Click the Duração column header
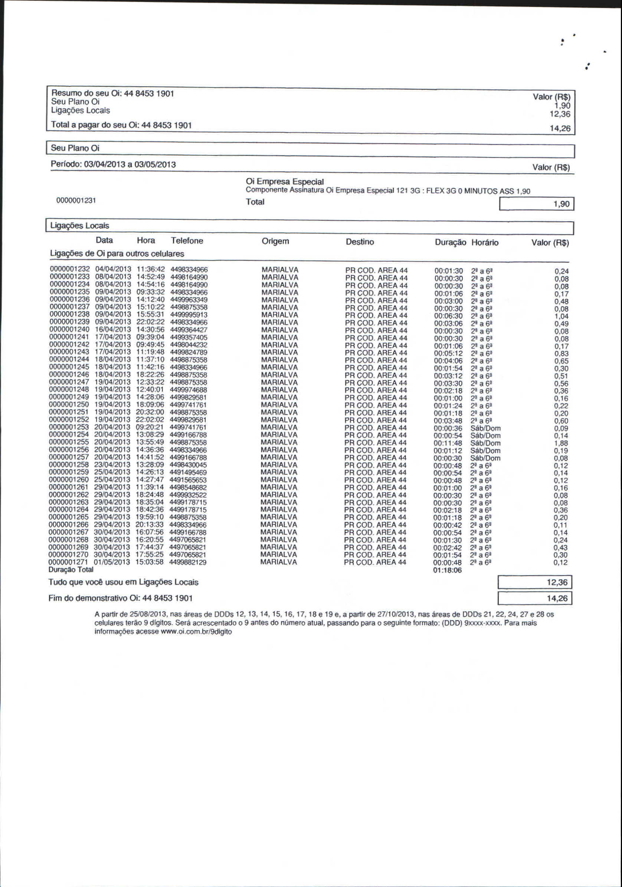click(x=450, y=243)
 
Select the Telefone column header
click(x=187, y=241)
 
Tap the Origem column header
click(x=275, y=241)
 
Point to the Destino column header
click(x=360, y=242)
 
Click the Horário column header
click(x=485, y=243)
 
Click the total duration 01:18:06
click(x=447, y=570)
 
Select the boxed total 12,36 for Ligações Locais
click(x=557, y=582)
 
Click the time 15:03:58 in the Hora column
click(x=150, y=562)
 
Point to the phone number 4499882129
click(x=188, y=562)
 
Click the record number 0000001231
click(x=76, y=200)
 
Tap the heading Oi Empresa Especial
click(x=285, y=181)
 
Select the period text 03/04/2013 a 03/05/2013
click(x=130, y=164)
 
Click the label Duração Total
click(x=71, y=569)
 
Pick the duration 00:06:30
click(x=448, y=316)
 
